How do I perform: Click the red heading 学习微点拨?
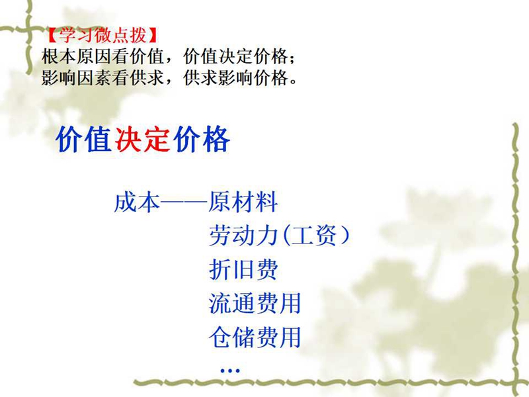103,35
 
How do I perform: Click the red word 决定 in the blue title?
142,139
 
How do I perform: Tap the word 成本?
137,202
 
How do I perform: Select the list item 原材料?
243,202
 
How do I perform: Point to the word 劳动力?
243,236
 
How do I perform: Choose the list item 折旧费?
243,269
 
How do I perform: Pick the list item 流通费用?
255,303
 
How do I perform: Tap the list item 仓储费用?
255,337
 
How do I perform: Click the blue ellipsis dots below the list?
229,371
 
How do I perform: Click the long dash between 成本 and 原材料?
184,202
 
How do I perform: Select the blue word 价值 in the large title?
84,139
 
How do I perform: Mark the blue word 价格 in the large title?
202,139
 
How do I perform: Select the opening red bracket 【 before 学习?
51,35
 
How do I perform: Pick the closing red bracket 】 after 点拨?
153,35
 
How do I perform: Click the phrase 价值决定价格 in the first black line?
235,56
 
